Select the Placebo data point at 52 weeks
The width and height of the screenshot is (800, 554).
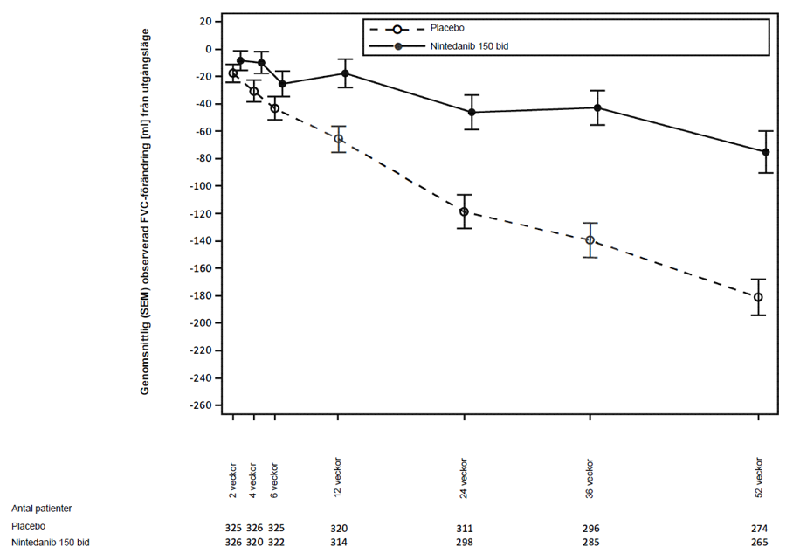point(758,298)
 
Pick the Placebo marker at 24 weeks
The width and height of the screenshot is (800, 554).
point(464,211)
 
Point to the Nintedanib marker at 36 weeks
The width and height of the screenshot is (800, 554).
point(597,107)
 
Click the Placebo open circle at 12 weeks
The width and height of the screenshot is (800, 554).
point(338,139)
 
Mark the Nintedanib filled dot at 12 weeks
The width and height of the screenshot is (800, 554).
point(346,73)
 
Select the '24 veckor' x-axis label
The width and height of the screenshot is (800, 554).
point(464,477)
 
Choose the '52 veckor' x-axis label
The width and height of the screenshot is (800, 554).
point(759,477)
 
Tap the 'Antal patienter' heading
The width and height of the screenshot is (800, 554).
point(41,507)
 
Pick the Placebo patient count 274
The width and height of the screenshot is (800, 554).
point(758,528)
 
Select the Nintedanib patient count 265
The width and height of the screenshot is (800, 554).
point(758,544)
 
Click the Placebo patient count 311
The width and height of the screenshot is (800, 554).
point(464,528)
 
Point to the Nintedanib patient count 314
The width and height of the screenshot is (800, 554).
point(339,544)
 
